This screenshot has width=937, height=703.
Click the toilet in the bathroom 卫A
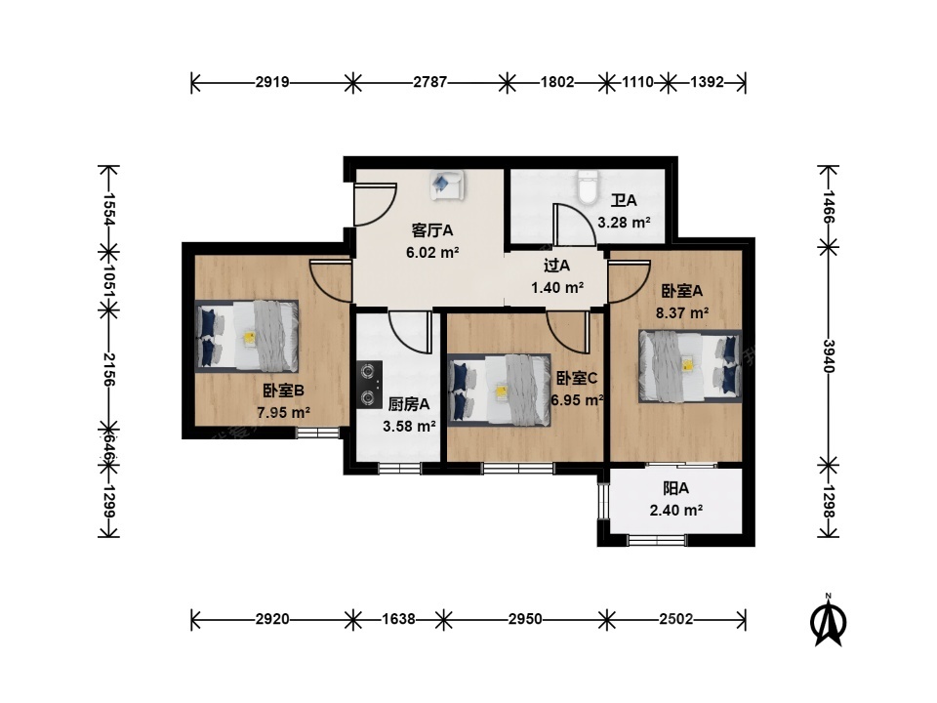click(x=588, y=186)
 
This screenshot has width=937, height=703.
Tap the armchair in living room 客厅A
click(x=447, y=185)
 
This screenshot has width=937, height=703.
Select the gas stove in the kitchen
click(x=370, y=385)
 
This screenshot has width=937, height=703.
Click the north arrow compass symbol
click(x=829, y=621)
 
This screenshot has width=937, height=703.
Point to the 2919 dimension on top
click(x=272, y=82)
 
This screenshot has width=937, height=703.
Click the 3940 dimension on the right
click(x=829, y=355)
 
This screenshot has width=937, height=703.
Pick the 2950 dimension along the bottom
click(x=525, y=619)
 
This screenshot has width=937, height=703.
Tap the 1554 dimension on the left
click(x=108, y=209)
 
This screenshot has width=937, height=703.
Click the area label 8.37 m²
click(x=682, y=312)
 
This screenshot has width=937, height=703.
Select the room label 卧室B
click(x=284, y=391)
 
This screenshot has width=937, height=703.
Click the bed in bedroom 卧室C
click(x=500, y=391)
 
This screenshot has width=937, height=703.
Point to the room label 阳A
click(x=675, y=488)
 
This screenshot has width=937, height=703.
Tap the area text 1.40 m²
click(x=557, y=287)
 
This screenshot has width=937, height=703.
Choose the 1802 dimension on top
click(x=557, y=82)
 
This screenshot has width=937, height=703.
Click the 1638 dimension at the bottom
click(x=398, y=619)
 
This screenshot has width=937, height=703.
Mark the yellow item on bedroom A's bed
click(x=688, y=363)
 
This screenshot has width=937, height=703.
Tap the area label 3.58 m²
click(x=409, y=427)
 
